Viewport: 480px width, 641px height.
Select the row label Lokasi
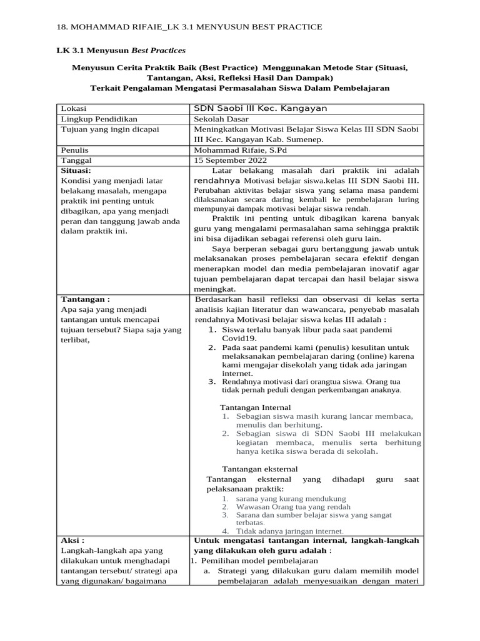[x=74, y=108]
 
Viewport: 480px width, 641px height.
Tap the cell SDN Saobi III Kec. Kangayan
[x=260, y=108]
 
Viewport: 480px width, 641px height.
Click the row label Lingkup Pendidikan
[x=99, y=119]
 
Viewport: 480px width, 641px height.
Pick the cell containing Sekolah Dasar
[x=221, y=119]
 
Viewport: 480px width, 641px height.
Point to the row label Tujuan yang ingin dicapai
[x=110, y=129]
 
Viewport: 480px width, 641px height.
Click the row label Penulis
[x=74, y=150]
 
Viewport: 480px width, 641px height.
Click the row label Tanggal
[x=76, y=160]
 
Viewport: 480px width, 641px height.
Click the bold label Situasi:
[x=76, y=170]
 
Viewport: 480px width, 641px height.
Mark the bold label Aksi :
[x=72, y=540]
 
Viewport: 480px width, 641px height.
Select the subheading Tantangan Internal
[x=256, y=407]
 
